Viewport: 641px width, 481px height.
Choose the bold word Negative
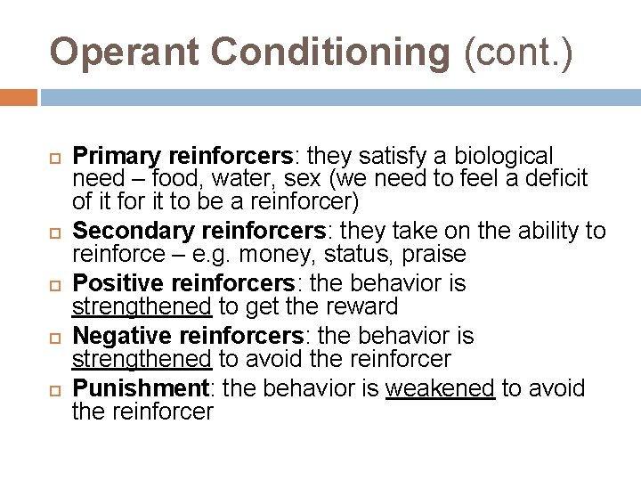[122, 336]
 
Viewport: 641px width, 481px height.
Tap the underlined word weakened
[440, 388]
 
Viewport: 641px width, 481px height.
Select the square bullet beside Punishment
[53, 390]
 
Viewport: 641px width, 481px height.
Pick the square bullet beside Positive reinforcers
[53, 285]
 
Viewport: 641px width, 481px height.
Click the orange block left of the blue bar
[18, 96]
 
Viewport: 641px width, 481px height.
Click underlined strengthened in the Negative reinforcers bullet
[142, 360]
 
